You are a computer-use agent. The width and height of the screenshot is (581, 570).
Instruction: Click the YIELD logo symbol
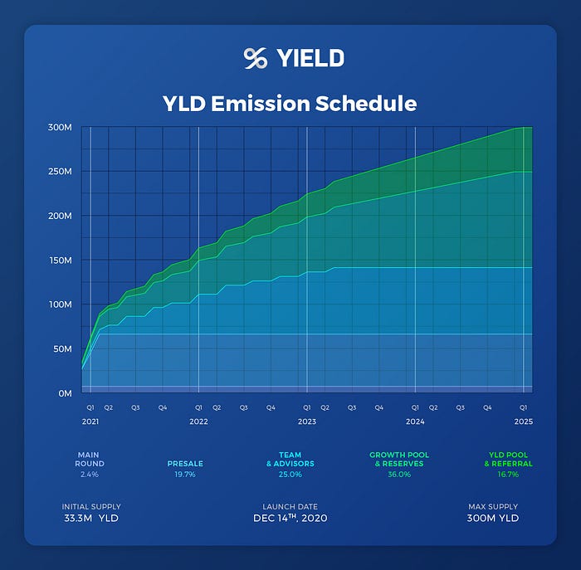[x=255, y=58]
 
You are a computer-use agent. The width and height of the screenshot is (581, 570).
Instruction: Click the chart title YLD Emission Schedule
[x=290, y=103]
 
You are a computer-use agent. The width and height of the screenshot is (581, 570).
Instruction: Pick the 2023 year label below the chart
[x=306, y=422]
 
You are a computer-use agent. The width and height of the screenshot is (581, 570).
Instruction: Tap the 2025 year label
[x=523, y=422]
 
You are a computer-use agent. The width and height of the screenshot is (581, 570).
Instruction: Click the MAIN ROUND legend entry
[x=90, y=459]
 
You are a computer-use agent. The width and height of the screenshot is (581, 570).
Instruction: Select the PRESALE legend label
[x=189, y=464]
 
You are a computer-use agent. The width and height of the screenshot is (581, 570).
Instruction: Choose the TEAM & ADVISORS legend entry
[x=289, y=459]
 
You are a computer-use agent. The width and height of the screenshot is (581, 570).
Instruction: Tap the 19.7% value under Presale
[x=189, y=475]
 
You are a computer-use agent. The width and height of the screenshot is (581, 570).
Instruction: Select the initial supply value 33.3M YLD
[x=91, y=519]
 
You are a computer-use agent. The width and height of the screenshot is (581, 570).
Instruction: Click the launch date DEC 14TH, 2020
[x=290, y=519]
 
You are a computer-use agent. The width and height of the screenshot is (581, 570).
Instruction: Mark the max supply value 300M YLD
[x=492, y=519]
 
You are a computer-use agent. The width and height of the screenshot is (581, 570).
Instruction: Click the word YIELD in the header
[x=308, y=58]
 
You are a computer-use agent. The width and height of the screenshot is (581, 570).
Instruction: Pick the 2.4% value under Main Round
[x=90, y=475]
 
